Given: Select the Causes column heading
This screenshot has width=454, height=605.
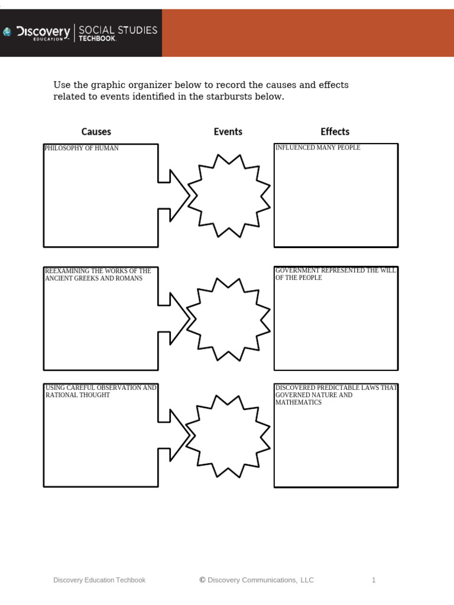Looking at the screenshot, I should pos(96,132).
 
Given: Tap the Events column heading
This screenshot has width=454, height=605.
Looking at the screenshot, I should pos(228,132).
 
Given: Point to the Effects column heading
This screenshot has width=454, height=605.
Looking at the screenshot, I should pos(335,132).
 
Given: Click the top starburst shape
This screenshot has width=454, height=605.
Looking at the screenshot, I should pos(229,196).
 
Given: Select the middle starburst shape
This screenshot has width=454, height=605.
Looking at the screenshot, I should pos(229,319).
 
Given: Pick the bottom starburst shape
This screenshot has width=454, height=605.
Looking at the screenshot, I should pos(229,436).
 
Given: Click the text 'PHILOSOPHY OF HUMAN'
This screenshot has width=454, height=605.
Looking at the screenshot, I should pos(82,148).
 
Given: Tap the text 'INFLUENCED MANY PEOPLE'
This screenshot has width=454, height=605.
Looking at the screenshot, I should pos(318,148).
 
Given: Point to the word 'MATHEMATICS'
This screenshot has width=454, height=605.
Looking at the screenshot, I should pos(299,402).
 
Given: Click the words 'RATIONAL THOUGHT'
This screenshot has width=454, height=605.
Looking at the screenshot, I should pos(78,395).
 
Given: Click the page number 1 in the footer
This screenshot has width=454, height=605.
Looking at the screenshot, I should pos(374,580).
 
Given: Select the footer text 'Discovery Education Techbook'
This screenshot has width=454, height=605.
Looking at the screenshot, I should pos(99,580).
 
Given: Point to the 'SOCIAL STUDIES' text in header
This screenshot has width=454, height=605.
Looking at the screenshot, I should pos(118,30).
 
